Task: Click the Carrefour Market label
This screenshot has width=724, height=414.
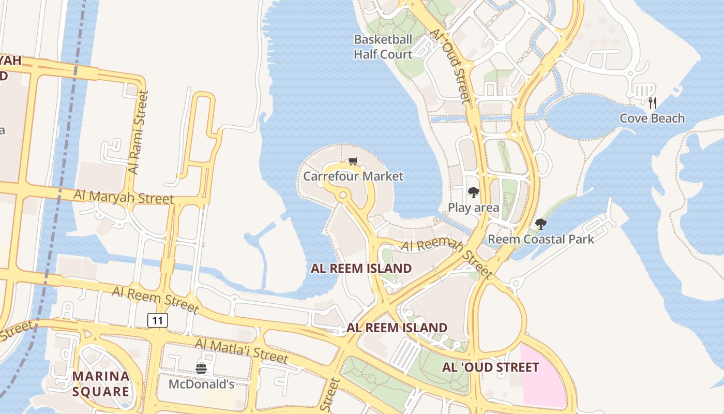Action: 353,176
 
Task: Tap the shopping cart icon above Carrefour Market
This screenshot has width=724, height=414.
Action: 353,161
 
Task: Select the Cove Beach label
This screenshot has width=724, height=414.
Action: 652,119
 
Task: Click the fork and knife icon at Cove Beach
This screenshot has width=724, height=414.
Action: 653,102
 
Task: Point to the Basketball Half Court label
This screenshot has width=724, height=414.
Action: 383,47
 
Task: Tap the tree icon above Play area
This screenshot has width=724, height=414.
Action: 473,193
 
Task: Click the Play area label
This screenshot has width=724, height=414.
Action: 473,208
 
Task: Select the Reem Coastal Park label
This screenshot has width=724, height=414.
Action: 541,239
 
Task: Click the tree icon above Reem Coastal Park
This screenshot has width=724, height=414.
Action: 541,224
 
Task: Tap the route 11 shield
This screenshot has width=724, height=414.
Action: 158,320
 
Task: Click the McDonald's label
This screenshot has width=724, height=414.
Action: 202,385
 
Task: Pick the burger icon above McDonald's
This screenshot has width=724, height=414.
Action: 201,368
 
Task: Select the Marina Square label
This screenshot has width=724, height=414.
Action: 101,383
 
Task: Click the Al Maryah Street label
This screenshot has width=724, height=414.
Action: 124,197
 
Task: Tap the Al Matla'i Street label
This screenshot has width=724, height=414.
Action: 241,350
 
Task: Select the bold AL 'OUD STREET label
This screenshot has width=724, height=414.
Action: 490,367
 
